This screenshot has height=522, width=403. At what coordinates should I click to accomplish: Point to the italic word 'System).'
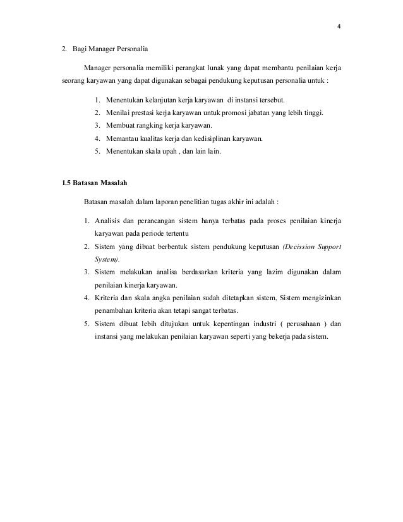pos(107,259)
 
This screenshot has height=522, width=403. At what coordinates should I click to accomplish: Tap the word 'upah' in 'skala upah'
pos(162,151)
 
